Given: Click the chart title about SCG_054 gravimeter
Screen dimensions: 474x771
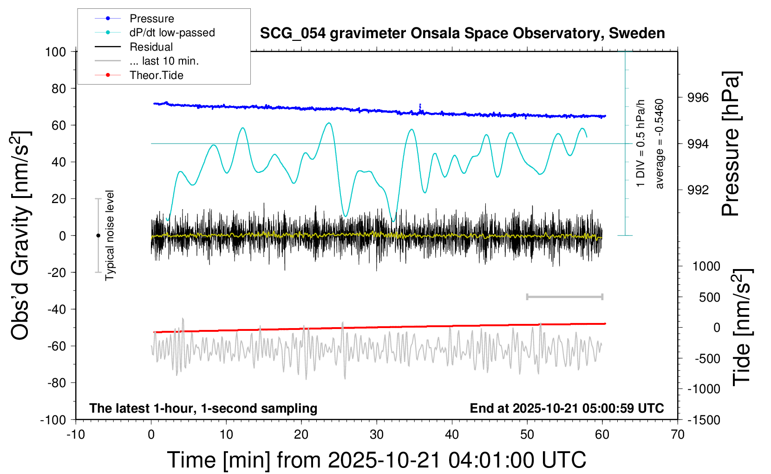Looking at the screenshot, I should (462, 33).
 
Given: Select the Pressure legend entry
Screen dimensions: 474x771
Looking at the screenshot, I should (151, 19).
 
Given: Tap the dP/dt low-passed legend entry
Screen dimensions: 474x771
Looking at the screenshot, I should (172, 33).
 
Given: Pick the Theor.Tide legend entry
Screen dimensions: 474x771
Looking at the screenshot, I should (156, 75).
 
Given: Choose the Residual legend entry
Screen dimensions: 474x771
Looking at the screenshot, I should (151, 47).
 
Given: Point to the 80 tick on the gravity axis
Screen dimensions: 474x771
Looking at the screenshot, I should (59, 88).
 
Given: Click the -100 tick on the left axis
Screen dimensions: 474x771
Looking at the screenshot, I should (53, 420).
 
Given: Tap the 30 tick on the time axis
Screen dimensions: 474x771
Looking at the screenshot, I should (377, 435).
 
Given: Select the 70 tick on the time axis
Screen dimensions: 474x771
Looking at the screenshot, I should (678, 435).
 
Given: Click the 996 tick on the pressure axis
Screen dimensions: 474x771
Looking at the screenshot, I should (698, 98).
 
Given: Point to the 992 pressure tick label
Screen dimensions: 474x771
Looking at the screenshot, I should (698, 190).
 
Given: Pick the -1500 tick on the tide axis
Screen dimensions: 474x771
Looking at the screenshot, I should (704, 420).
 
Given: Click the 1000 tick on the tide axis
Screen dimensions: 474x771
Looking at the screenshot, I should (706, 266).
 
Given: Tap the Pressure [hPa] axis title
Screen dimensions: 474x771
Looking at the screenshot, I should (731, 144).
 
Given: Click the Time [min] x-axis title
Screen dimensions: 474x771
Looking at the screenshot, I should (376, 460).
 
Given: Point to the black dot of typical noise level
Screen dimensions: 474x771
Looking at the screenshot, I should (98, 236).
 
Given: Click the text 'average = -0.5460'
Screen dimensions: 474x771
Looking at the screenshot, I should (660, 144).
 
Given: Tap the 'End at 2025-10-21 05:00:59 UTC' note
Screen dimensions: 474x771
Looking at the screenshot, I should (567, 408).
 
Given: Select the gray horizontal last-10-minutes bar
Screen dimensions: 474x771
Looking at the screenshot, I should (564, 296).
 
